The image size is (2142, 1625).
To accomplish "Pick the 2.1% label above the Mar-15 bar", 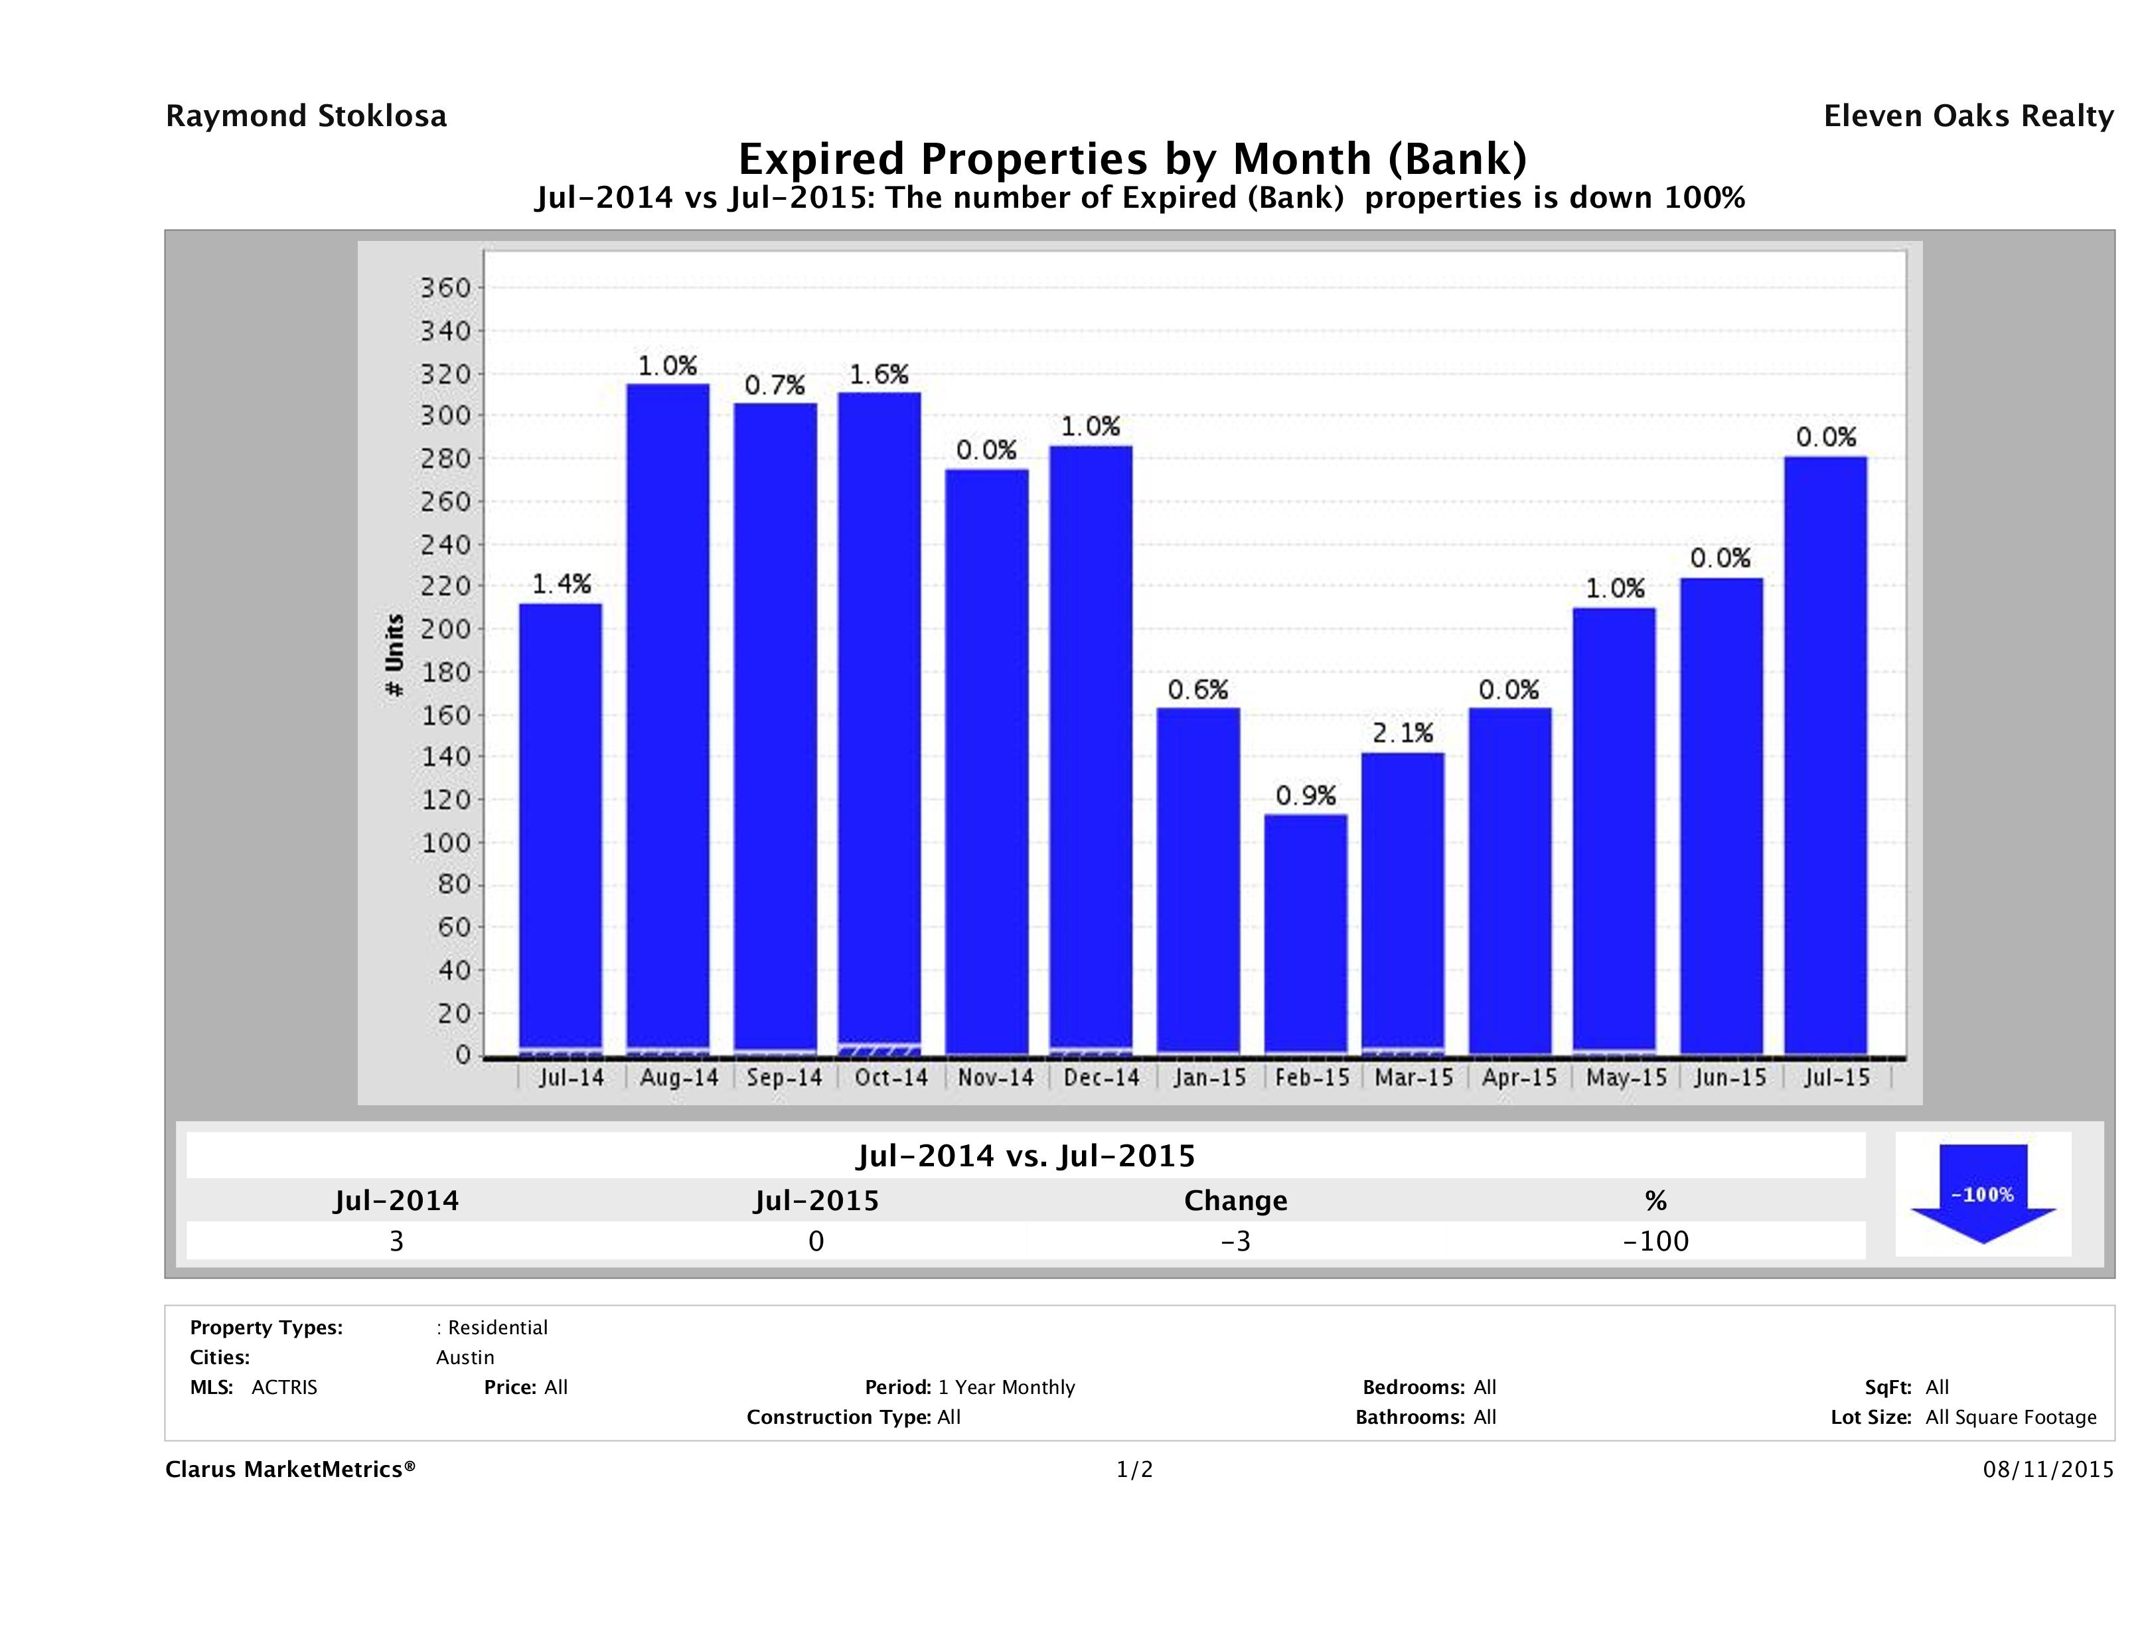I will tap(1402, 733).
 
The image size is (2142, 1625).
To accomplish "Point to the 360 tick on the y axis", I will tap(445, 287).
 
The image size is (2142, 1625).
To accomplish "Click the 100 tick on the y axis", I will tap(445, 842).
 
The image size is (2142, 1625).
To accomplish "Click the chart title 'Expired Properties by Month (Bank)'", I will tap(1132, 158).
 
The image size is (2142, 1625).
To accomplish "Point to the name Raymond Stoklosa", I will tap(306, 116).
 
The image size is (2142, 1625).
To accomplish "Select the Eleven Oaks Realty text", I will tap(1967, 116).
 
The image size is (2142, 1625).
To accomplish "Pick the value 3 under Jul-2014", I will tap(396, 1241).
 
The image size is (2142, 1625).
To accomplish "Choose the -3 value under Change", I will tap(1236, 1241).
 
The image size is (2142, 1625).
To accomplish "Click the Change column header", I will tap(1236, 1201).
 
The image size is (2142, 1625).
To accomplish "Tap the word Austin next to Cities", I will tap(465, 1357).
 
